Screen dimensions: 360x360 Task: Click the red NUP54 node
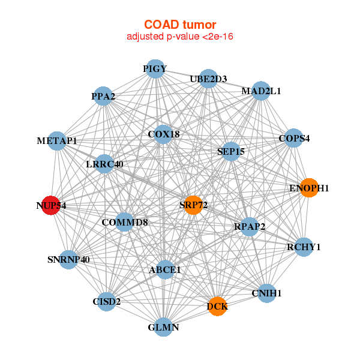[52, 205]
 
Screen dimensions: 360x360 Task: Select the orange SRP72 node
[193, 205]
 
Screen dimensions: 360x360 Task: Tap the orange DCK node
[218, 307]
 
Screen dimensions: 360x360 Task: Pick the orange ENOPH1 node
[308, 188]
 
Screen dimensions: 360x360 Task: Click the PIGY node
[155, 69]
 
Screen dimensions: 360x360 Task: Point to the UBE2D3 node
[208, 79]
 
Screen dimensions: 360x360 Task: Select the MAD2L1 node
[260, 91]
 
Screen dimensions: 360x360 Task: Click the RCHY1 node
[304, 247]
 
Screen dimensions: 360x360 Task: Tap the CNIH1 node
[266, 293]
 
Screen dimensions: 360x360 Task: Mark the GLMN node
[163, 327]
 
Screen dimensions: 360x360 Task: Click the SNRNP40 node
[68, 260]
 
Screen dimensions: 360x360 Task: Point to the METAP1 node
[56, 141]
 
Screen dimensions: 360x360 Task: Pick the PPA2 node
[103, 96]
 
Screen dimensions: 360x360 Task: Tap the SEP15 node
[230, 152]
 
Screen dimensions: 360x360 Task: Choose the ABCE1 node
[164, 270]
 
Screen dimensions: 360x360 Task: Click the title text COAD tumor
[180, 25]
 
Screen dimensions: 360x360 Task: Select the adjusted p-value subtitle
[180, 37]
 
